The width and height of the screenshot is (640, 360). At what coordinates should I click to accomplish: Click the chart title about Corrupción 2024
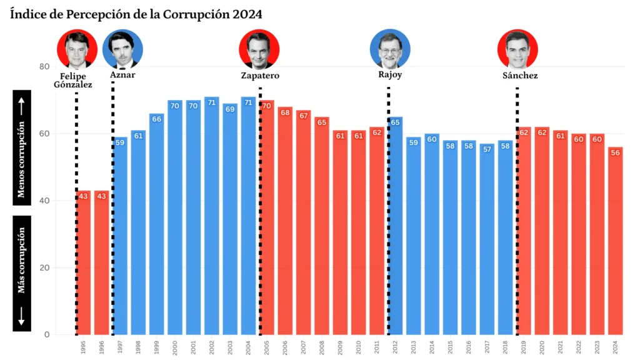pyautogui.click(x=136, y=14)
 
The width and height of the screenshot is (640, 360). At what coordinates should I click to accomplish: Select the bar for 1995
pyautogui.click(x=84, y=262)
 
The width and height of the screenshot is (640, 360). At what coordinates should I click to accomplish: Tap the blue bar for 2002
pyautogui.click(x=212, y=219)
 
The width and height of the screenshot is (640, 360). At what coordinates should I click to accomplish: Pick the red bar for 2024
pyautogui.click(x=616, y=244)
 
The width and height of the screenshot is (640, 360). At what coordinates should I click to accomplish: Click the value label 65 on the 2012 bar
pyautogui.click(x=395, y=123)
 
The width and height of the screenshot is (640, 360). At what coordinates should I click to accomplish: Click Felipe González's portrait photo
pyautogui.click(x=76, y=49)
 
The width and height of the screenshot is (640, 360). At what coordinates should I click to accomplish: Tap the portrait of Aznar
pyautogui.click(x=122, y=49)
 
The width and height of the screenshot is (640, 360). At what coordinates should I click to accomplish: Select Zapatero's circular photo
pyautogui.click(x=259, y=49)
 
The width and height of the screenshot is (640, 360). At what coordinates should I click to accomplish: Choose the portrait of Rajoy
pyautogui.click(x=390, y=49)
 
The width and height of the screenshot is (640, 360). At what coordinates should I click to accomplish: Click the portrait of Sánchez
pyautogui.click(x=517, y=49)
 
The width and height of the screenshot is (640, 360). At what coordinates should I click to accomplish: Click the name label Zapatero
pyautogui.click(x=260, y=76)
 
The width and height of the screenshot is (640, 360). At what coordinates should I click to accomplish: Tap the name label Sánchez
pyautogui.click(x=520, y=76)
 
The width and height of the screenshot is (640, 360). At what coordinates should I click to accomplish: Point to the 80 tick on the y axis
pyautogui.click(x=44, y=67)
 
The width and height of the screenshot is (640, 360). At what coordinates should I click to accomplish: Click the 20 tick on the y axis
pyautogui.click(x=44, y=267)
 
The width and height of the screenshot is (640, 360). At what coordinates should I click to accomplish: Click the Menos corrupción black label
pyautogui.click(x=22, y=147)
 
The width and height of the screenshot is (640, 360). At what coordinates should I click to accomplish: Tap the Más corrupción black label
pyautogui.click(x=22, y=273)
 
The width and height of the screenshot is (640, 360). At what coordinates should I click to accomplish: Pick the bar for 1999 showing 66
pyautogui.click(x=157, y=225)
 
